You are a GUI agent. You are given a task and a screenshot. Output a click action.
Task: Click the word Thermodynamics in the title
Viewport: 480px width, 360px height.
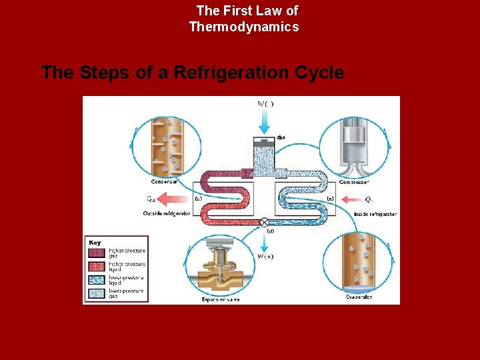click(244, 27)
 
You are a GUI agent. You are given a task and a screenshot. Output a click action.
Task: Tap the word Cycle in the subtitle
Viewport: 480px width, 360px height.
click(321, 72)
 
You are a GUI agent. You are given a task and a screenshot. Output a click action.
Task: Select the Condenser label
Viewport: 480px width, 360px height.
click(163, 182)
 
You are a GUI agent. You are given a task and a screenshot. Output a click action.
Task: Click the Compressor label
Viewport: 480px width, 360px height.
click(354, 182)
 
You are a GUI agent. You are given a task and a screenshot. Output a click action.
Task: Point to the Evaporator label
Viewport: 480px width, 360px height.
click(359, 297)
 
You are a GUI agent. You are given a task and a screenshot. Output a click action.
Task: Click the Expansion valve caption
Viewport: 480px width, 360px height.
click(221, 299)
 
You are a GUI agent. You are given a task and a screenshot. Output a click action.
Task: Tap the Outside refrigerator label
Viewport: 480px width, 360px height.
click(167, 213)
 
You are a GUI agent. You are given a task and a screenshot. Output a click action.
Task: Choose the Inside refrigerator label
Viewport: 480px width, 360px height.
click(375, 214)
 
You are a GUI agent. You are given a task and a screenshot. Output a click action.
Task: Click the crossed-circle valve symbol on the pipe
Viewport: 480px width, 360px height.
click(265, 222)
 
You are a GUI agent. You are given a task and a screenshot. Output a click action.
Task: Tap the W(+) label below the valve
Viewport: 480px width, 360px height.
click(265, 257)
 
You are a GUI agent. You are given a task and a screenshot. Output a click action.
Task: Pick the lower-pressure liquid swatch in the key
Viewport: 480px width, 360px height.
click(95, 279)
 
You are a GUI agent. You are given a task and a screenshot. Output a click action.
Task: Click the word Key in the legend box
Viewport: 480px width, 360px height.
click(95, 243)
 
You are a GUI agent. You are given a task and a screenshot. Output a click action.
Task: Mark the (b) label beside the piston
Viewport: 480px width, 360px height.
click(281, 138)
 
